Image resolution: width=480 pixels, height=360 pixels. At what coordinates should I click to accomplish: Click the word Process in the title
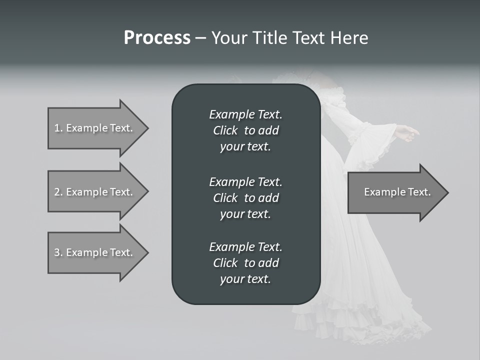click(157, 38)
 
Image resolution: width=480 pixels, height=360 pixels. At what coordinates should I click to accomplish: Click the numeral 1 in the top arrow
click(56, 128)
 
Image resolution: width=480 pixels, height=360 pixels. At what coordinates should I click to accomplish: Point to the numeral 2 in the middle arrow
click(56, 192)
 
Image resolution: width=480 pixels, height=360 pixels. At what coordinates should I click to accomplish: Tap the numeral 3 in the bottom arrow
click(56, 252)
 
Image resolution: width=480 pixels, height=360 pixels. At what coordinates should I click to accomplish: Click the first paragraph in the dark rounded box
click(245, 130)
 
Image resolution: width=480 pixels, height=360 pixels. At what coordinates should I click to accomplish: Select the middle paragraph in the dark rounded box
click(245, 197)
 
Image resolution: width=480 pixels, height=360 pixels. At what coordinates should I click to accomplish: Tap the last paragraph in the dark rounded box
click(245, 263)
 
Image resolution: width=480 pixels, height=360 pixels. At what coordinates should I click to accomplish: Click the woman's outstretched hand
click(407, 132)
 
